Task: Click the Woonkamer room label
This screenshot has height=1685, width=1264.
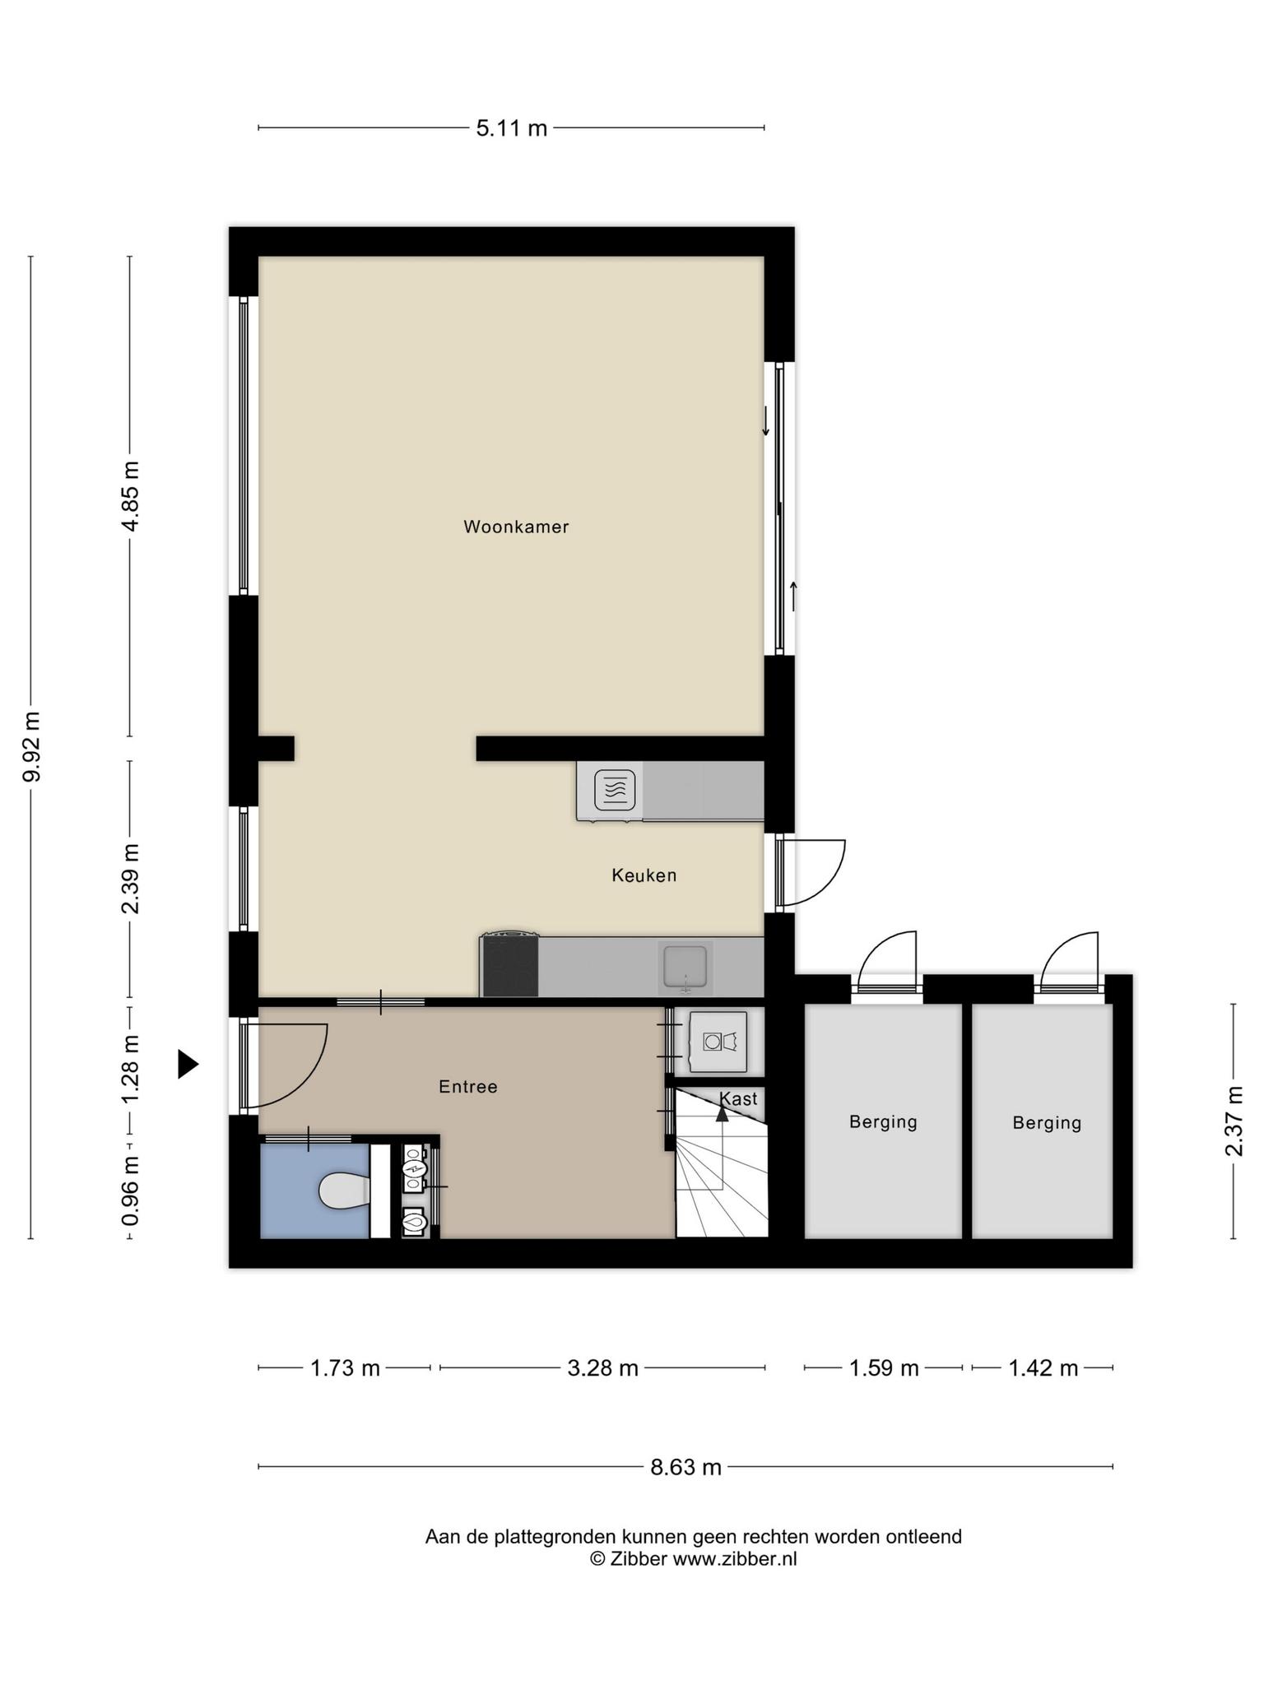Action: pyautogui.click(x=516, y=527)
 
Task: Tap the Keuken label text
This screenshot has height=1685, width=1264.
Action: pyautogui.click(x=644, y=875)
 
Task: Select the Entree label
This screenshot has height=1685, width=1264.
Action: pyautogui.click(x=468, y=1087)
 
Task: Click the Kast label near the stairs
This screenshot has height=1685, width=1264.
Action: pyautogui.click(x=738, y=1098)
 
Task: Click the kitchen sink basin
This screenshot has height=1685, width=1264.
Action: pyautogui.click(x=685, y=967)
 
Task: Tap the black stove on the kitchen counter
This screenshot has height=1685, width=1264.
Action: pyautogui.click(x=510, y=966)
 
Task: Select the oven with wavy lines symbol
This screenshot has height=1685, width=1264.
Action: pyautogui.click(x=614, y=790)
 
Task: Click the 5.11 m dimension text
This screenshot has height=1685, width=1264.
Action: pyautogui.click(x=512, y=128)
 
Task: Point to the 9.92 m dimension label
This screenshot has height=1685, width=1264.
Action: pyautogui.click(x=31, y=746)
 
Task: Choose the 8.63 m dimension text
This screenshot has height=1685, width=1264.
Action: pyautogui.click(x=686, y=1467)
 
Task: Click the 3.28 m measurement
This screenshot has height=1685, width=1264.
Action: pyautogui.click(x=603, y=1368)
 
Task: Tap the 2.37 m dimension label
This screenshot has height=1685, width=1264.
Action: pyautogui.click(x=1234, y=1121)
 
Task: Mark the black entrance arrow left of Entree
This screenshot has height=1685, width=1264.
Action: pyautogui.click(x=188, y=1064)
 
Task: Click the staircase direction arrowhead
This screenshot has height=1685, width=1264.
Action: pyautogui.click(x=723, y=1113)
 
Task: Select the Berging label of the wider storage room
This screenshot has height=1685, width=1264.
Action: pyautogui.click(x=883, y=1122)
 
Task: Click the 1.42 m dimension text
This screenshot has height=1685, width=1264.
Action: pyautogui.click(x=1043, y=1368)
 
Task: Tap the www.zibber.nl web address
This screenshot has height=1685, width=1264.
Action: pyautogui.click(x=735, y=1559)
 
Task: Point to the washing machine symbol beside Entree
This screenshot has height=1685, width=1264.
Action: pyautogui.click(x=718, y=1042)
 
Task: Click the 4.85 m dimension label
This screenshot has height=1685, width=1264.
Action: pyautogui.click(x=130, y=496)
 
